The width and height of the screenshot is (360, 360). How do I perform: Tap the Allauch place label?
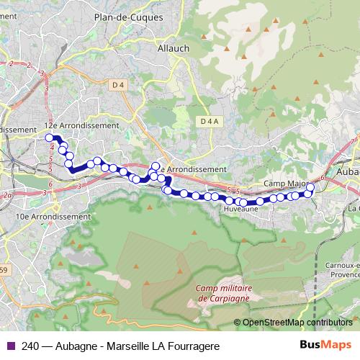[172, 48]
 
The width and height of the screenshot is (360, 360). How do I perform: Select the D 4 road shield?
[119, 85]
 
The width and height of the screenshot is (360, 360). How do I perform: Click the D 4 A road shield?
[210, 120]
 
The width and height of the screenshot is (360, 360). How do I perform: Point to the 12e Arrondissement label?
[81, 125]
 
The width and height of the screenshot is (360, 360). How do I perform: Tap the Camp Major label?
[284, 184]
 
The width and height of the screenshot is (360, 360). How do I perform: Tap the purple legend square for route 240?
[9, 346]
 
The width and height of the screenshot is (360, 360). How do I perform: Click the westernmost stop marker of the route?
[50, 138]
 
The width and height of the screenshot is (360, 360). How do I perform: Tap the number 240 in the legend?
[31, 346]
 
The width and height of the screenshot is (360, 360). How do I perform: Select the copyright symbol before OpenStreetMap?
[238, 323]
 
